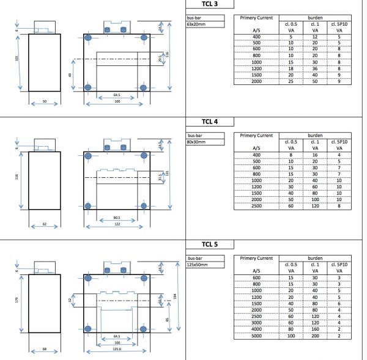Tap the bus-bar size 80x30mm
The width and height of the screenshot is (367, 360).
pyautogui.click(x=196, y=141)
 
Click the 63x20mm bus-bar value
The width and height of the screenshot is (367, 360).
pyautogui.click(x=196, y=25)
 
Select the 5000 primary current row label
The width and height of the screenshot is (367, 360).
pyautogui.click(x=256, y=335)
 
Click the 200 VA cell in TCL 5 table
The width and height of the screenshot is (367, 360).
pyautogui.click(x=316, y=335)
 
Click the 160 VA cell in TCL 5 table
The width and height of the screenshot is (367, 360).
pyautogui.click(x=316, y=328)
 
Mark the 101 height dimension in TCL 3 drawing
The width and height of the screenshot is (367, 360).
pyautogui.click(x=17, y=60)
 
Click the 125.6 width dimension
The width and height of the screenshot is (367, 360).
pyautogui.click(x=116, y=351)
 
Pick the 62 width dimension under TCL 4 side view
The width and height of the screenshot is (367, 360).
pyautogui.click(x=44, y=224)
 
